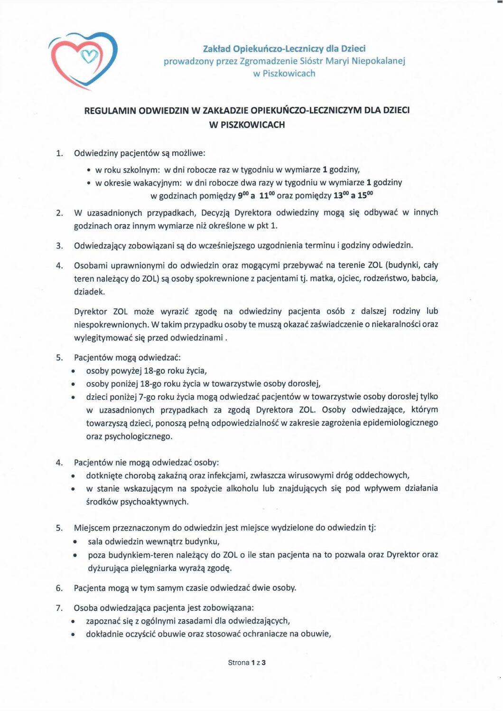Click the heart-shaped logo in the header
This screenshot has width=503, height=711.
83,60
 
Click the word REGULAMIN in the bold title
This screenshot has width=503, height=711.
110,111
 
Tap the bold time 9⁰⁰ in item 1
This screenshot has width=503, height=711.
243,195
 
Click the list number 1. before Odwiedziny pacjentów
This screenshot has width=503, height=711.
59,153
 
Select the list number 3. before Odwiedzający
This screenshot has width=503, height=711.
59,246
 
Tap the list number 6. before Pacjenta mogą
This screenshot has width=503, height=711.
59,588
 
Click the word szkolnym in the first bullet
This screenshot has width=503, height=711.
141,170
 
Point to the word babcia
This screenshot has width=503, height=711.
425,278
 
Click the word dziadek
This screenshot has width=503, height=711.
89,292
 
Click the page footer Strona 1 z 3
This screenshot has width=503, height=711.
247,663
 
